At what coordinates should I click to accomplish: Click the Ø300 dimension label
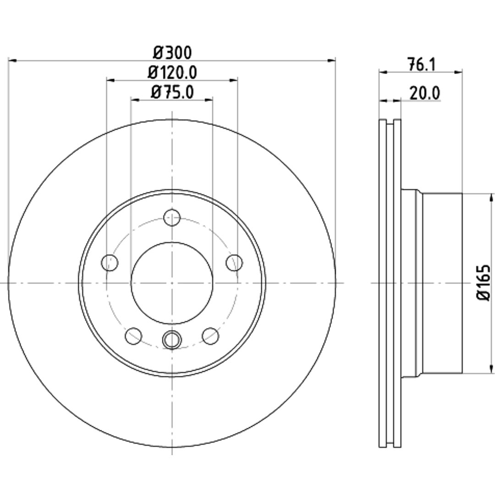[x=172, y=52]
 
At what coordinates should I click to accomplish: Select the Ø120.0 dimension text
[x=172, y=72]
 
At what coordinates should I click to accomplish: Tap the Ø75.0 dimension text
[x=172, y=93]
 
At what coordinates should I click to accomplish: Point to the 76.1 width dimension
[x=422, y=65]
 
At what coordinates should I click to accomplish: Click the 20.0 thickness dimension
[x=424, y=93]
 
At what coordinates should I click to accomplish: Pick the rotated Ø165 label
[x=484, y=282]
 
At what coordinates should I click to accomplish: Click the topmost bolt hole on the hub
[x=172, y=218]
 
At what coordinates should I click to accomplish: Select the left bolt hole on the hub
[x=110, y=263]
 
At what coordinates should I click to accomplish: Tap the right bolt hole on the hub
[x=234, y=263]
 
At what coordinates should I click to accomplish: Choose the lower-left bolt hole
[x=133, y=336]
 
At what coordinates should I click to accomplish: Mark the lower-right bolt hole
[x=210, y=336]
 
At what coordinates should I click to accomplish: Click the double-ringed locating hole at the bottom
[x=172, y=339]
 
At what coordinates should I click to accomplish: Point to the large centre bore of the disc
[x=172, y=283]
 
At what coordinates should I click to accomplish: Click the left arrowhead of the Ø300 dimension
[x=12, y=60]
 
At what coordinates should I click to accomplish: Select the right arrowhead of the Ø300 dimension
[x=331, y=60]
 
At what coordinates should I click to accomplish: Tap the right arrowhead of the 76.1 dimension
[x=458, y=72]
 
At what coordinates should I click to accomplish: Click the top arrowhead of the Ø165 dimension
[x=491, y=198]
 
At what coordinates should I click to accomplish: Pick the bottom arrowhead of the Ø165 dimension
[x=491, y=368]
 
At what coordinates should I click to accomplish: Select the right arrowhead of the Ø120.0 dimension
[x=234, y=80]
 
